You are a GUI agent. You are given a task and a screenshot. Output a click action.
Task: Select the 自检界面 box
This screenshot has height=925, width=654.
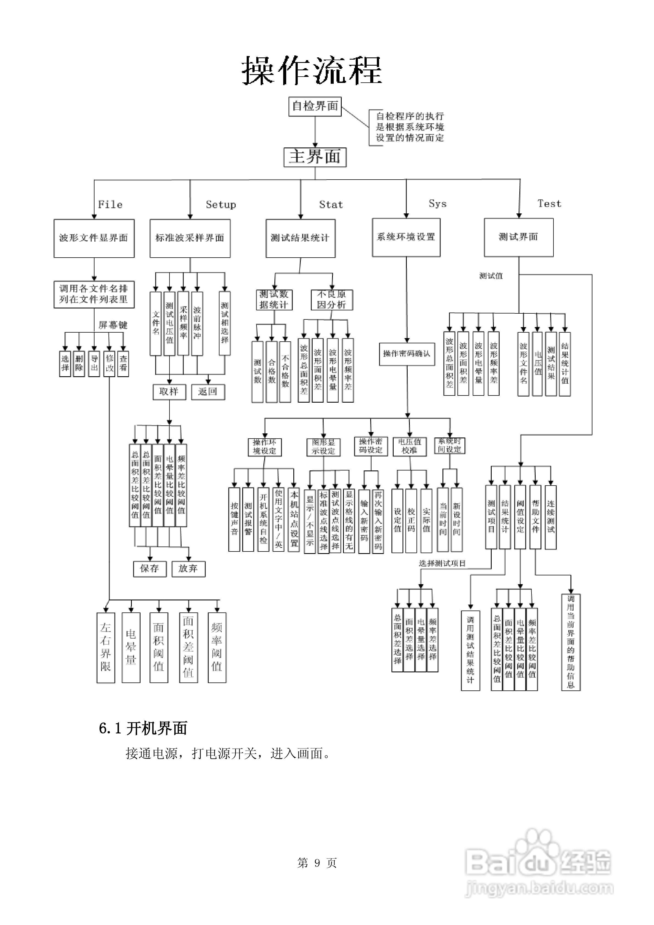coord(315,106)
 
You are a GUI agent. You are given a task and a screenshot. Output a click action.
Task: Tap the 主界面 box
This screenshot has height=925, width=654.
coord(315,157)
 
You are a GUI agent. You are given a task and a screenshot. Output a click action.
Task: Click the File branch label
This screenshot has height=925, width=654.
coord(110,205)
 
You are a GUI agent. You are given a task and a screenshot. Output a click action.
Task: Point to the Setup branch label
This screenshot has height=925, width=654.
coord(220,205)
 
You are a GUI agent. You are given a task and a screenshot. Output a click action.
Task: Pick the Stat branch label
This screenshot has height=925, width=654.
coord(331,205)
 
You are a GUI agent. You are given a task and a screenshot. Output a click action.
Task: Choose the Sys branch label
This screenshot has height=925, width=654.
coord(437,204)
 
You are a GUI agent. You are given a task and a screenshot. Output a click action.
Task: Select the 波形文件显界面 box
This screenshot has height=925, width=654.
coord(94,238)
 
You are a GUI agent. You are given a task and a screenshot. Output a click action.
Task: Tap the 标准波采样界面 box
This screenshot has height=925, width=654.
coord(190,238)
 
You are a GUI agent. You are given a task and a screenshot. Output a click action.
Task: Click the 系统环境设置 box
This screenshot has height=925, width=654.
coord(406,237)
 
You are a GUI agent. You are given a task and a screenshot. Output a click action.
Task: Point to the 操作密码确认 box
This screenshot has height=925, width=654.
coord(407,354)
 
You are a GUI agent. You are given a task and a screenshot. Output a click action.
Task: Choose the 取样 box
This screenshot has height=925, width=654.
coord(169,392)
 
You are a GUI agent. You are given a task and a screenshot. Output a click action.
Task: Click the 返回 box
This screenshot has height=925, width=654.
coord(208,392)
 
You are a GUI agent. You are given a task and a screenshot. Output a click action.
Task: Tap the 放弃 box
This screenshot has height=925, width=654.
coord(188,569)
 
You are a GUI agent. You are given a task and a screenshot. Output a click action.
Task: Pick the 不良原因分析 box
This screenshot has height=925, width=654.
coord(332,300)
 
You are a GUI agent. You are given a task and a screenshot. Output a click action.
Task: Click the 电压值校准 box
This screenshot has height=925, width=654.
coord(410,446)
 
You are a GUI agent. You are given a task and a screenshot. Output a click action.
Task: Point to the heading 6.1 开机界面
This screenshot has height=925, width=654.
coord(143,728)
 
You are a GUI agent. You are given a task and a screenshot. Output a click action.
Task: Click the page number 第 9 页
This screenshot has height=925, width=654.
coord(317,863)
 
